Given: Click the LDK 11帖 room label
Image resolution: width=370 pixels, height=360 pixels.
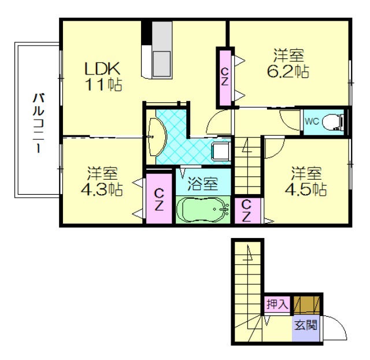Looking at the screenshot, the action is [103, 76].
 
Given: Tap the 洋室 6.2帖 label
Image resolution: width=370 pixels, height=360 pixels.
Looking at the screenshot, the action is [288, 63].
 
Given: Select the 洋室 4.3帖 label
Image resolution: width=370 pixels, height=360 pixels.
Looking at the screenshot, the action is [102, 181].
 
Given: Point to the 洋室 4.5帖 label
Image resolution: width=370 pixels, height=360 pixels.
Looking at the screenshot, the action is [306, 181].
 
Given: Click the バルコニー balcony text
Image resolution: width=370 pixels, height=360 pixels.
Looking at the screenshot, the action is [38, 123].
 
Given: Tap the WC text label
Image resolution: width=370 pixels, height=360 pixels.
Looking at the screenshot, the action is [312, 121].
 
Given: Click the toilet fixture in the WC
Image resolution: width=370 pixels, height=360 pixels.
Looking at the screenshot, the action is [333, 122].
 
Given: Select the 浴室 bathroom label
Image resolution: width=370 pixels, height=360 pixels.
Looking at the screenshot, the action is [202, 184].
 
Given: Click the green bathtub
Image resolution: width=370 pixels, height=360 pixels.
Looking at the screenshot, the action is [203, 210].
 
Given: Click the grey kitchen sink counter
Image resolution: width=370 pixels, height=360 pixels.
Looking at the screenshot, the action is [162, 50].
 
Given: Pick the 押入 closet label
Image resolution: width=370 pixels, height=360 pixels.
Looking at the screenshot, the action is [277, 304].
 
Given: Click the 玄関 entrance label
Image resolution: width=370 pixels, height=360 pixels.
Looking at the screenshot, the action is [306, 326].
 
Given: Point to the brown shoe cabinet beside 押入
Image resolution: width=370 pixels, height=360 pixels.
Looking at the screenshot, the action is [307, 305].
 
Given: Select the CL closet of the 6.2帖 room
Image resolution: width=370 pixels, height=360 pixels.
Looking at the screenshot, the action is [224, 77].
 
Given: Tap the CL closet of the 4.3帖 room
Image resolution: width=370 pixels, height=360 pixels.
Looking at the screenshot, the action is [159, 199].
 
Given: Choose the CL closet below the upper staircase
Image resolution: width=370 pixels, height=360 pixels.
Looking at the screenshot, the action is [247, 211].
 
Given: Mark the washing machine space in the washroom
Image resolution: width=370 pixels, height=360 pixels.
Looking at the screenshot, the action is [221, 151].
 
